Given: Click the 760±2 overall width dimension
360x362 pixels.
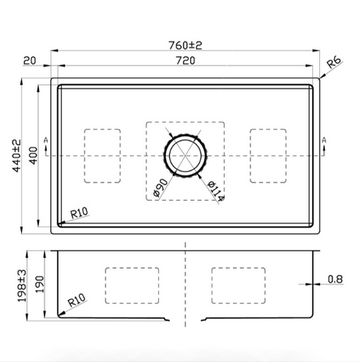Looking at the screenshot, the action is pos(185,45).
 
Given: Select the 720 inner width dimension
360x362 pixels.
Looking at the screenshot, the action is pos(185,60).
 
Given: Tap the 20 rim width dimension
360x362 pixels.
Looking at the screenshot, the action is pos(30,60).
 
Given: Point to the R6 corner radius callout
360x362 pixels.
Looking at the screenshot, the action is pos(334,63).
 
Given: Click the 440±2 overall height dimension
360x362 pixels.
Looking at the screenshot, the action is pos(16,156).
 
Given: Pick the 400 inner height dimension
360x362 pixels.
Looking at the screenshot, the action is pos(33,156).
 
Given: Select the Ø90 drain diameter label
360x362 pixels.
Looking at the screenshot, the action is pos(160,187).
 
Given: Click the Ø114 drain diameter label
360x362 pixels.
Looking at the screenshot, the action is pos(216,191).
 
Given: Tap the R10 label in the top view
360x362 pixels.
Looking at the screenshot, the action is pos(79,213).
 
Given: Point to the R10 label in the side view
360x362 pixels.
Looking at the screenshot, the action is pos(77,300).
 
